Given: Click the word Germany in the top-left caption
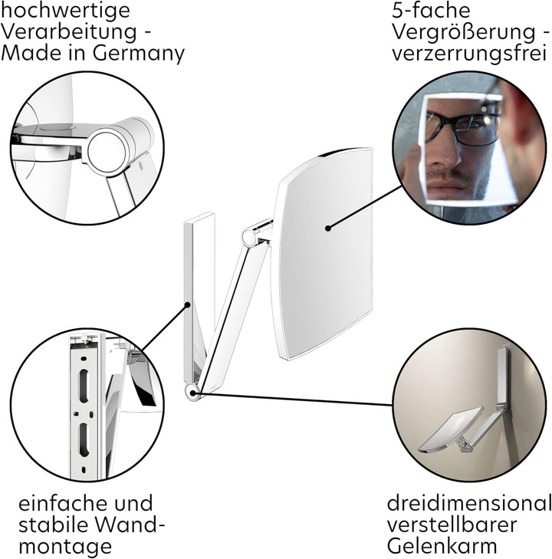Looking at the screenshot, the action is [138, 54].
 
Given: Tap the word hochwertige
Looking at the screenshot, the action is [65, 11].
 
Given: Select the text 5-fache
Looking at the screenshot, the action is [431, 10].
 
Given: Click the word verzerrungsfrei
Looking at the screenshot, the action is [469, 53].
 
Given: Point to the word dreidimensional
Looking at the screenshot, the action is [469, 503].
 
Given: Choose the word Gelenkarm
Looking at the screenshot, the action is [442, 546].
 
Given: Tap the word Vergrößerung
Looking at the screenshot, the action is [464, 32].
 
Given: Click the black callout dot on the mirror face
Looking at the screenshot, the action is [328, 228].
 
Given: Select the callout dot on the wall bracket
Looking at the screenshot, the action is [187, 305].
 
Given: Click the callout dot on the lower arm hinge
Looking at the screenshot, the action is [192, 393].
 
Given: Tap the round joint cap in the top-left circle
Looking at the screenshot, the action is [107, 151].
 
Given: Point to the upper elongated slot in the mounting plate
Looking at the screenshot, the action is [84, 386].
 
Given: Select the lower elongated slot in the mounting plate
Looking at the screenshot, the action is [84, 440].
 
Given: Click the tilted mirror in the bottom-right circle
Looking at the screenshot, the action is [450, 431].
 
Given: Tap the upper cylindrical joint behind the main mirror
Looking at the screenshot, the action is [249, 237].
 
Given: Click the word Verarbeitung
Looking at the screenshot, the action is [70, 32].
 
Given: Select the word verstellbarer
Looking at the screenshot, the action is [452, 524].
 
